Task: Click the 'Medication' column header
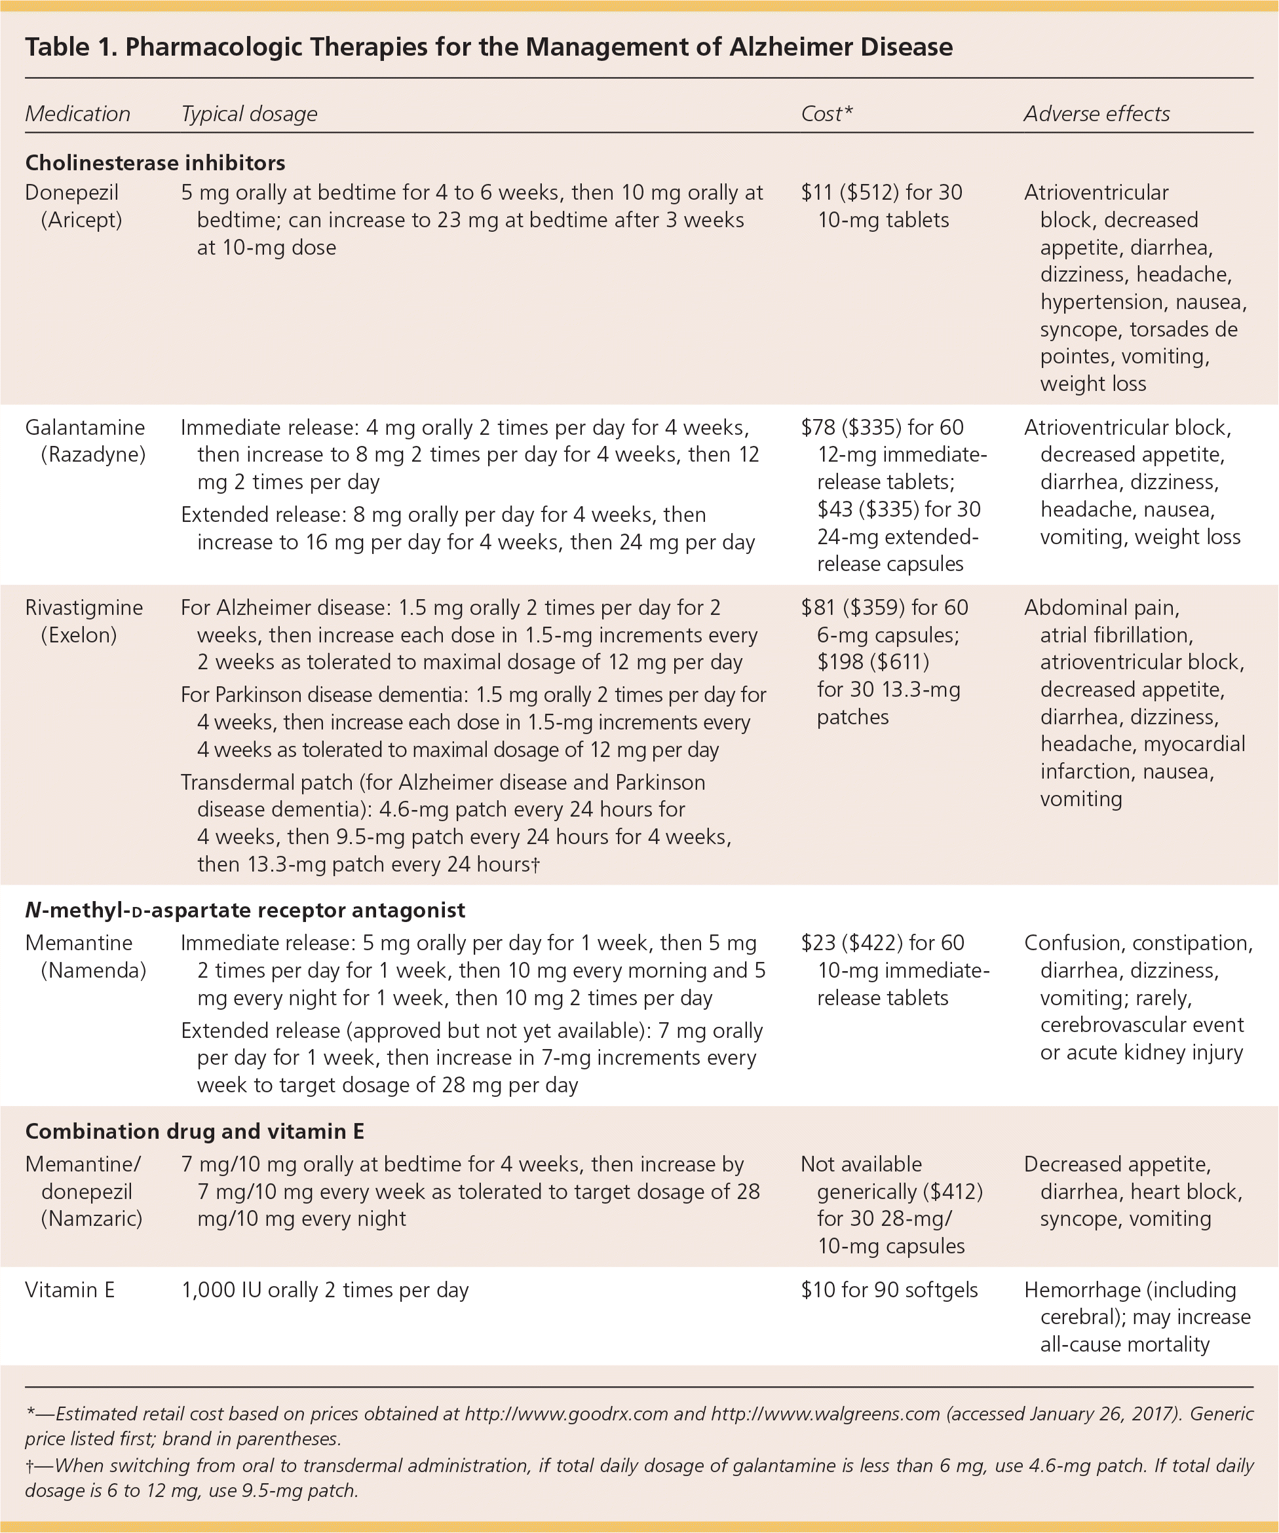click(77, 114)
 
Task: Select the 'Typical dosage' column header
click(249, 114)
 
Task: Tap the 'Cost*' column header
click(826, 114)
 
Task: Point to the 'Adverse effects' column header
click(1096, 114)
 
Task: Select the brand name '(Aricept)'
click(81, 220)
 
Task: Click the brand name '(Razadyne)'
click(93, 454)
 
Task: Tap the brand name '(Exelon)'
click(79, 635)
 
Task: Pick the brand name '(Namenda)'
click(93, 970)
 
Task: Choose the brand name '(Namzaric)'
click(91, 1219)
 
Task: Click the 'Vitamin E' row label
click(69, 1290)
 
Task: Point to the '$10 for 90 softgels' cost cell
click(889, 1290)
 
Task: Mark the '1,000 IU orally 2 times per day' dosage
click(324, 1290)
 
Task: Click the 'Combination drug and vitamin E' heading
click(195, 1132)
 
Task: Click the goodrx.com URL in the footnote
click(566, 1414)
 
